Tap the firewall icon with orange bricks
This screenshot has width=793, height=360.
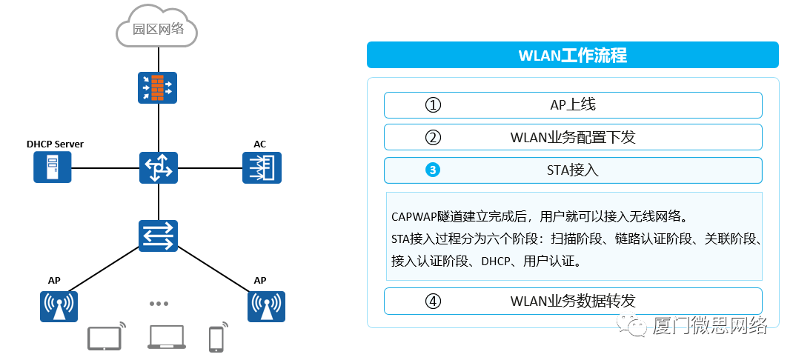pyautogui.click(x=158, y=87)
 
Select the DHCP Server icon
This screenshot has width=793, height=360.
pyautogui.click(x=52, y=167)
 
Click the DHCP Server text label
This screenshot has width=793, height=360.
pyautogui.click(x=55, y=144)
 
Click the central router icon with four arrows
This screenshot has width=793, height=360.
pyautogui.click(x=159, y=167)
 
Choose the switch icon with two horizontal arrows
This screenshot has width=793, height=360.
pyautogui.click(x=159, y=235)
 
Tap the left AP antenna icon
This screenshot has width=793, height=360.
pyautogui.click(x=59, y=306)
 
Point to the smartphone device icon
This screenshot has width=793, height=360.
pyautogui.click(x=216, y=339)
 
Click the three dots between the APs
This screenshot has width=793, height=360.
pyautogui.click(x=159, y=304)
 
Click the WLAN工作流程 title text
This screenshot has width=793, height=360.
pyautogui.click(x=572, y=56)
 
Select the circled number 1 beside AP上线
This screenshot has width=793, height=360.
pyautogui.click(x=433, y=105)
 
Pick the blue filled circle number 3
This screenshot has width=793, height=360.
pyautogui.click(x=433, y=170)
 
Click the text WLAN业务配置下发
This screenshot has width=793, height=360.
pyautogui.click(x=572, y=138)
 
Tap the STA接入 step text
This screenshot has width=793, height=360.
pyautogui.click(x=572, y=170)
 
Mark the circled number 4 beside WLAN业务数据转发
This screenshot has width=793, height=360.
pyautogui.click(x=433, y=301)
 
